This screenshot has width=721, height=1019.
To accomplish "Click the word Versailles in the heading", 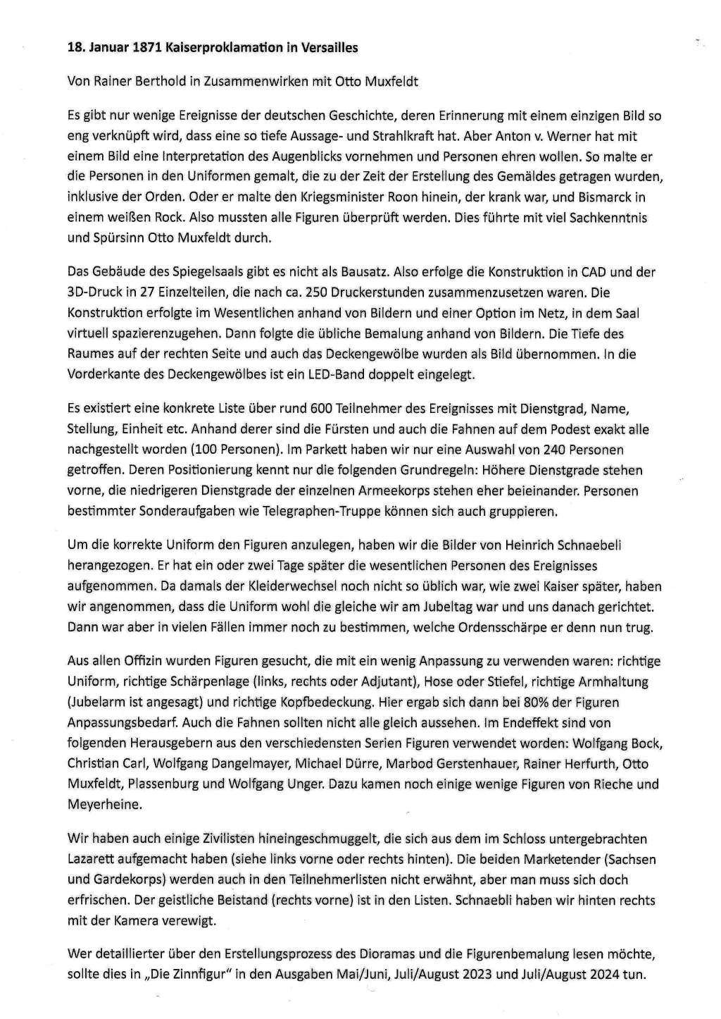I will (x=327, y=48).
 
